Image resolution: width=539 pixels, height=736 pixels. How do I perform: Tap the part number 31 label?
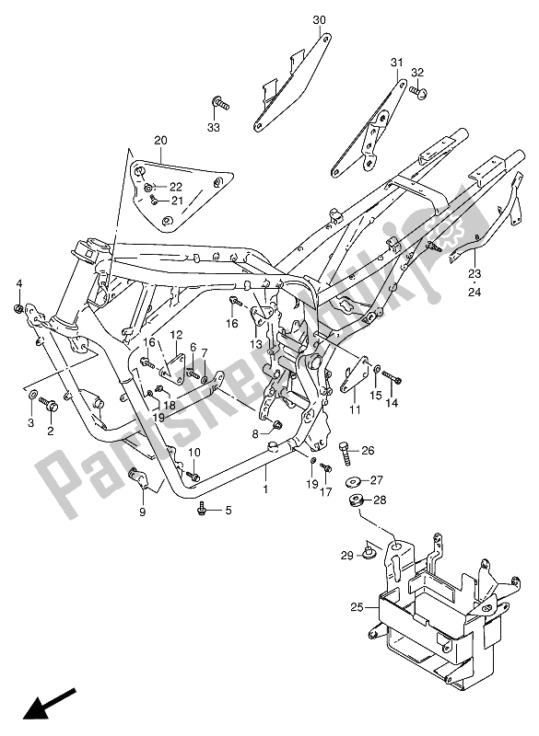[397, 63]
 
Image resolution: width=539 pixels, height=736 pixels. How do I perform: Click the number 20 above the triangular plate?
[160, 141]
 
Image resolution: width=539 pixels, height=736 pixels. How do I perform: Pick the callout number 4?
[18, 282]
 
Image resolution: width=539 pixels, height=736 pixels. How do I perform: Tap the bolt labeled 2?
[52, 403]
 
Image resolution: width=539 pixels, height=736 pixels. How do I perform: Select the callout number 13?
[253, 343]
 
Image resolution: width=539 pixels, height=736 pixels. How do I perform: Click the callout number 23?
[475, 273]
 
